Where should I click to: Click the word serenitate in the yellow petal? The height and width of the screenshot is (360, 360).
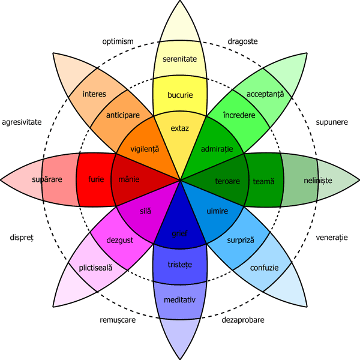[x=181, y=59]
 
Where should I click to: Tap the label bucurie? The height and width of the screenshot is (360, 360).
[x=181, y=95]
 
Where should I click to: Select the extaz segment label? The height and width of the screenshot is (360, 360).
[x=180, y=128]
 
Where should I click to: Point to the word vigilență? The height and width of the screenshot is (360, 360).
[x=145, y=148]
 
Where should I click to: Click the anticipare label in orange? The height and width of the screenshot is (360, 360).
[x=123, y=115]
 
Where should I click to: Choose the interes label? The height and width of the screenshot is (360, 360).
[x=94, y=94]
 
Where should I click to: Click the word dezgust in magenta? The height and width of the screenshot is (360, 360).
[x=119, y=240]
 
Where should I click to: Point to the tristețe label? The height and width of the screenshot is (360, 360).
[x=181, y=264]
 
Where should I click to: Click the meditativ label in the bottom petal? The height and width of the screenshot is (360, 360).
[x=181, y=299]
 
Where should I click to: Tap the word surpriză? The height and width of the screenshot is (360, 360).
[x=241, y=240]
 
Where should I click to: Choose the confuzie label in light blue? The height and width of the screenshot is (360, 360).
[x=264, y=268]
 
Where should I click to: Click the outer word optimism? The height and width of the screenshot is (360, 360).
[x=118, y=41]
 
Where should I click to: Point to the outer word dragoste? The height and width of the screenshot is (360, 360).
[x=242, y=41]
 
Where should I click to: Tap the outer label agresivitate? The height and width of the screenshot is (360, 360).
[x=22, y=122]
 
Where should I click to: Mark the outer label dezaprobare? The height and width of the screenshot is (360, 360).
[x=243, y=320]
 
